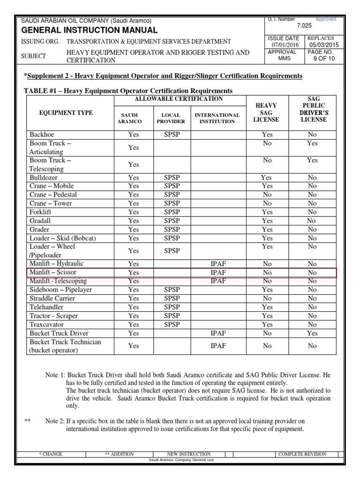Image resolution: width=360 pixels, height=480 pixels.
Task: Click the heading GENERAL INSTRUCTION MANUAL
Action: (x=90, y=30)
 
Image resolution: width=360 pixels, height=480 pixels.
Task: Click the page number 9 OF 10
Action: (x=321, y=59)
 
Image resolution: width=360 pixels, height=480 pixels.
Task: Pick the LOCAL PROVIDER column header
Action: (x=171, y=118)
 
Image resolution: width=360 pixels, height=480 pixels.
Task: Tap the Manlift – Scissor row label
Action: (x=53, y=272)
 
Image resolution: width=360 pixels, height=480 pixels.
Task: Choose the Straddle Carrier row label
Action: (x=52, y=298)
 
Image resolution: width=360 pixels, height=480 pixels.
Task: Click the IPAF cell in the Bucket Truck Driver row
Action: (x=218, y=333)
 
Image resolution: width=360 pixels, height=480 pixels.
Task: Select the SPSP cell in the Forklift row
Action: (x=172, y=212)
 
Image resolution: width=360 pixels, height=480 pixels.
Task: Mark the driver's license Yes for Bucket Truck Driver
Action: (x=312, y=333)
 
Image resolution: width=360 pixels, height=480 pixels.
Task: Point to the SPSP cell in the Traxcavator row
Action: (x=172, y=324)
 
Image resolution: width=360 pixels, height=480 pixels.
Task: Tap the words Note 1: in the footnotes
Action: (x=55, y=375)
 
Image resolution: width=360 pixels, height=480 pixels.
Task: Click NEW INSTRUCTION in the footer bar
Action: (x=188, y=454)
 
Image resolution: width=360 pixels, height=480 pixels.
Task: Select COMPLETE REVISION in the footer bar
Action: (x=302, y=454)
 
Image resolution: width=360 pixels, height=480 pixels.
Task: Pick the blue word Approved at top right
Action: (x=326, y=20)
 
